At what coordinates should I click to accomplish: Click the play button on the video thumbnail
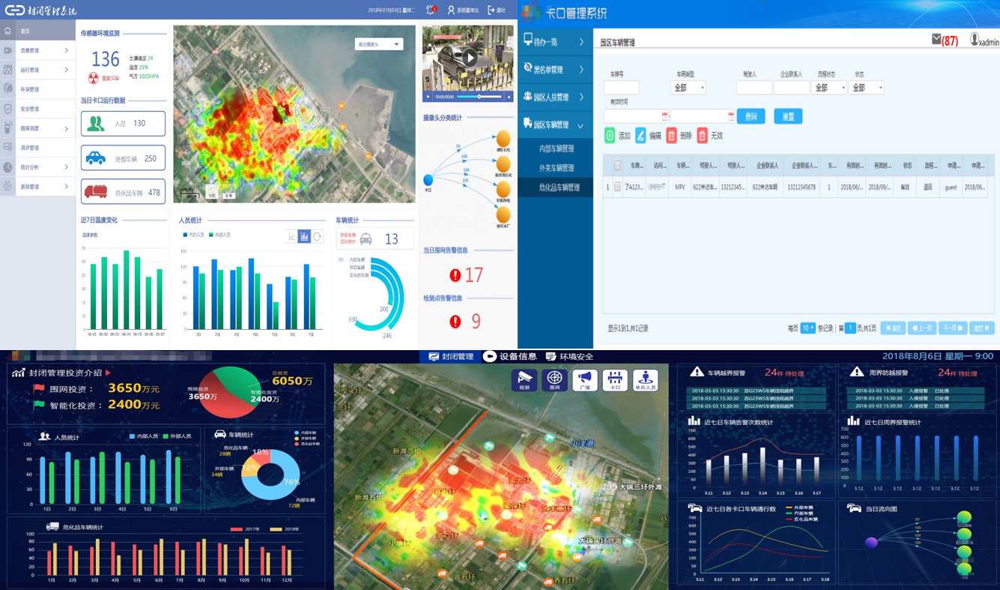pyautogui.click(x=469, y=58)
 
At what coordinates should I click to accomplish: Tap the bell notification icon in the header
pyautogui.click(x=431, y=10)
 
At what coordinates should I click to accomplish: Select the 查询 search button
pyautogui.click(x=751, y=116)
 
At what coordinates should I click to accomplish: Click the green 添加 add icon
pyautogui.click(x=610, y=136)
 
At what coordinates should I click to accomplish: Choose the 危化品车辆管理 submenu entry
pyautogui.click(x=559, y=187)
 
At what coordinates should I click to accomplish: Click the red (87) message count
pyautogui.click(x=950, y=41)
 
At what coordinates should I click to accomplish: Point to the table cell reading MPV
pyautogui.click(x=679, y=187)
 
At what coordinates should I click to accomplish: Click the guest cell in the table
pyautogui.click(x=951, y=187)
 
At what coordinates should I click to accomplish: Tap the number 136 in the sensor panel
pyautogui.click(x=106, y=59)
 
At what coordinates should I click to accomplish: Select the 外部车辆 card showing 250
pyautogui.click(x=123, y=159)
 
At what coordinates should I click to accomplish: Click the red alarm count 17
pyautogui.click(x=473, y=275)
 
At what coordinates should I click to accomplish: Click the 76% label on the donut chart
pyautogui.click(x=291, y=482)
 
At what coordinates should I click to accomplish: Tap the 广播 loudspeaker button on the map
pyautogui.click(x=584, y=381)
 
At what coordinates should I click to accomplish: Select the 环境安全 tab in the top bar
pyautogui.click(x=569, y=357)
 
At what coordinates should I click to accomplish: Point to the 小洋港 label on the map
pyautogui.click(x=581, y=444)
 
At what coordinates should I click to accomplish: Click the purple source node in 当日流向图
pyautogui.click(x=871, y=543)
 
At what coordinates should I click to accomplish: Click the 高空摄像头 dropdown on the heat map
pyautogui.click(x=379, y=45)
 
